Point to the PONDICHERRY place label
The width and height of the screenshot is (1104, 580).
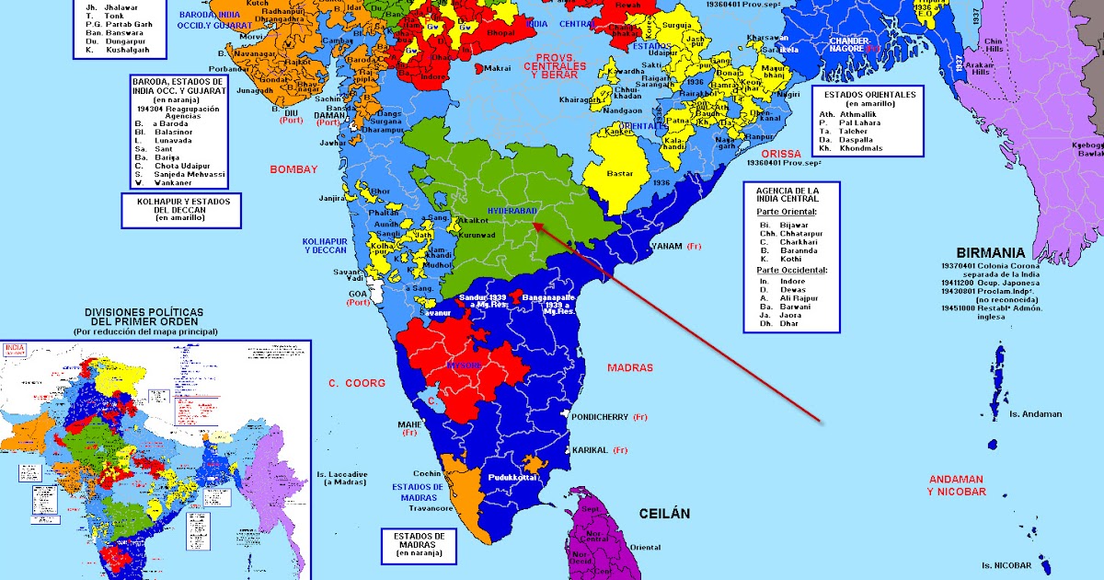[x=600, y=417]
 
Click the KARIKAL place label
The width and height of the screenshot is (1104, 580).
[x=590, y=450]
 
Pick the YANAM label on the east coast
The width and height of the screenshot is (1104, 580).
[x=666, y=247]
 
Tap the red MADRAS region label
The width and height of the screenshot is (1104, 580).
[x=630, y=368]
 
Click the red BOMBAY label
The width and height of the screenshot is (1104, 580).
[x=293, y=169]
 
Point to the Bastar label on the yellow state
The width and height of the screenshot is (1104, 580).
[x=621, y=172]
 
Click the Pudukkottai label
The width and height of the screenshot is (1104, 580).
[x=512, y=479]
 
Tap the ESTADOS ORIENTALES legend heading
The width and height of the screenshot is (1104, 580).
[x=869, y=95]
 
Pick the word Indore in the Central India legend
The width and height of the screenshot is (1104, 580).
[x=792, y=280]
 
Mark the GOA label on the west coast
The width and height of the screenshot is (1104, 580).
[x=357, y=293]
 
